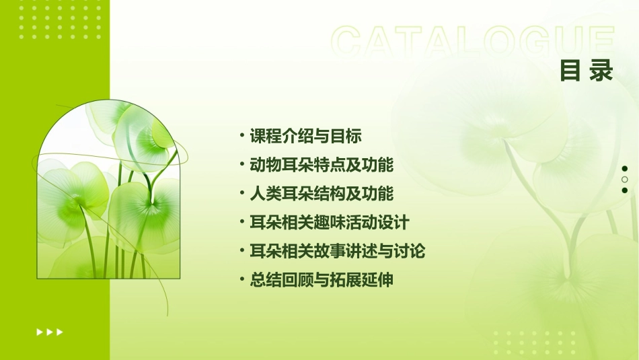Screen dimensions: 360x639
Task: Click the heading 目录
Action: pyautogui.click(x=587, y=71)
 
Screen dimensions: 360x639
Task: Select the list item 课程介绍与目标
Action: pyautogui.click(x=305, y=136)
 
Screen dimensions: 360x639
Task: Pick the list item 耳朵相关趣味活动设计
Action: pyautogui.click(x=329, y=222)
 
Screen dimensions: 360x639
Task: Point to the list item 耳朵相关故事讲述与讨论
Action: pyautogui.click(x=337, y=251)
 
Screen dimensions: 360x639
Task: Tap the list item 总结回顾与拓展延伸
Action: pyautogui.click(x=321, y=280)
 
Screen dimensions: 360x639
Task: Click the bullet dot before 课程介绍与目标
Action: pyautogui.click(x=242, y=136)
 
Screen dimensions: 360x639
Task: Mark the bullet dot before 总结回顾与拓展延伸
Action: pyautogui.click(x=242, y=280)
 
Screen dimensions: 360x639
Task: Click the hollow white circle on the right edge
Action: pyautogui.click(x=625, y=180)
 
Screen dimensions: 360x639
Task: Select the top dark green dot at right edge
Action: pyautogui.click(x=625, y=169)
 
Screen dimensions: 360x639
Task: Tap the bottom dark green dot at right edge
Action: pyautogui.click(x=625, y=190)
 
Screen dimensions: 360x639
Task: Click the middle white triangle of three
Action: pyautogui.click(x=50, y=332)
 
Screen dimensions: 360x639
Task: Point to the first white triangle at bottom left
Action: pyautogui.click(x=40, y=332)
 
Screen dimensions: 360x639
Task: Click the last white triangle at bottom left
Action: pyautogui.click(x=60, y=332)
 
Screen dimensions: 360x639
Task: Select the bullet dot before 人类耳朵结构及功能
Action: pyautogui.click(x=242, y=194)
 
